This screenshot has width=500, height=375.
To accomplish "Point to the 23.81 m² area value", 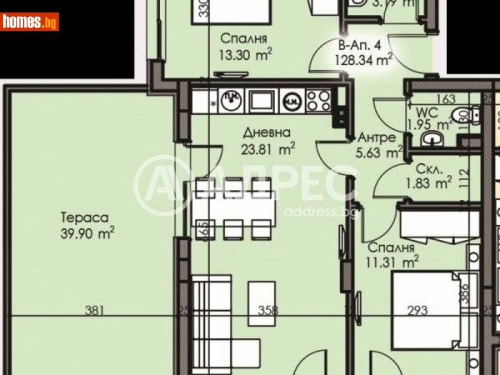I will tap(268, 149).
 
